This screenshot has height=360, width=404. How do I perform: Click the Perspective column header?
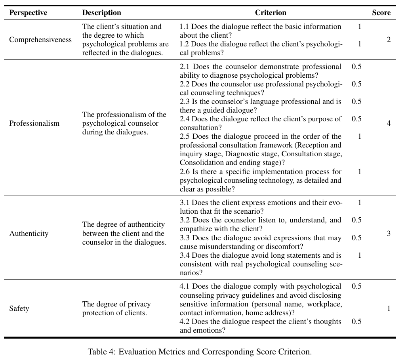(x=28, y=13)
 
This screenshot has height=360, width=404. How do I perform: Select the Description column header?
(x=101, y=13)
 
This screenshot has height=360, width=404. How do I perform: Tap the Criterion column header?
(x=271, y=13)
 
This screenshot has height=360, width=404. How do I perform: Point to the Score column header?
(x=381, y=13)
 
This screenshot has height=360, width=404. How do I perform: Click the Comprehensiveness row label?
(x=40, y=40)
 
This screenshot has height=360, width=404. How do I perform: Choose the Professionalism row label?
(x=34, y=123)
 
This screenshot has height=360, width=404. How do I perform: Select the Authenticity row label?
(x=29, y=234)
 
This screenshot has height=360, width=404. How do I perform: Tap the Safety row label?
(x=19, y=308)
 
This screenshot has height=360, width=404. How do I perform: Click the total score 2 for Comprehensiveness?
(x=389, y=40)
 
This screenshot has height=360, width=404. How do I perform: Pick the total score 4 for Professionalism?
(x=389, y=123)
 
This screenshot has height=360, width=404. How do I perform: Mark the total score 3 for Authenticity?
(x=389, y=234)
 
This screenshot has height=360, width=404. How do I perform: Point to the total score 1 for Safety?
(x=389, y=308)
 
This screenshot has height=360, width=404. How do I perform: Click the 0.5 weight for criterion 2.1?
(x=356, y=67)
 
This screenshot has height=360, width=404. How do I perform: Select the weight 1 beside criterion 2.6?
(x=360, y=172)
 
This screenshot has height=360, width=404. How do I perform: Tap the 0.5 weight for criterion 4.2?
(x=356, y=322)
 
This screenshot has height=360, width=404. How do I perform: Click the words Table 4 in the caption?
(x=101, y=352)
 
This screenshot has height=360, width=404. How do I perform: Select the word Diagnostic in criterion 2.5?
(x=238, y=154)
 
